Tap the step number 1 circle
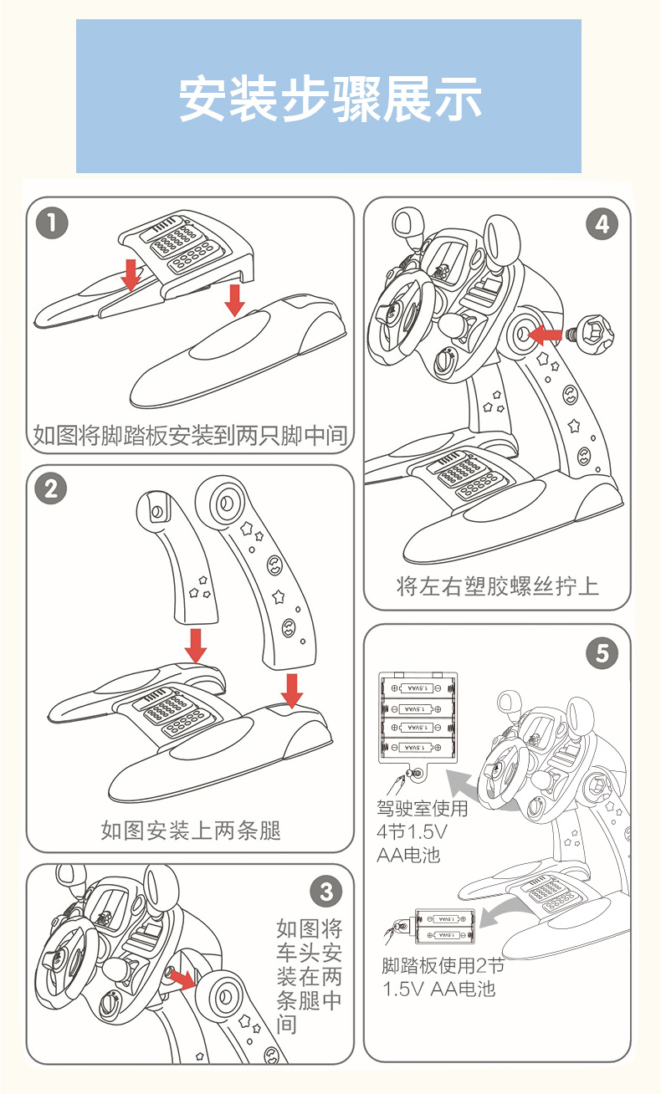52,223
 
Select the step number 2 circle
52,488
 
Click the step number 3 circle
326,892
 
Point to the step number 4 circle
602,223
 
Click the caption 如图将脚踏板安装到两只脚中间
190,435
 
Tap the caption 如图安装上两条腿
190,830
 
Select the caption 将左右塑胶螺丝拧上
497,585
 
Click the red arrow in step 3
183,979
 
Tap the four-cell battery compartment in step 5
416,717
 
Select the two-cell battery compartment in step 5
444,928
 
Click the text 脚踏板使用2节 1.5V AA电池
443,978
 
